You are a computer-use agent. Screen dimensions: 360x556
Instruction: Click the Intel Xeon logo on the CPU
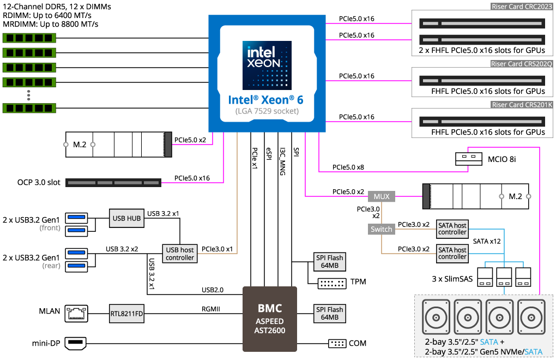(267, 65)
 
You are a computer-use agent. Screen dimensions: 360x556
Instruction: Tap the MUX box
(382, 196)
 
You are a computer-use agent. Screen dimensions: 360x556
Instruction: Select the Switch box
(382, 230)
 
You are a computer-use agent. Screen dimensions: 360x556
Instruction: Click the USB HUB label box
(126, 219)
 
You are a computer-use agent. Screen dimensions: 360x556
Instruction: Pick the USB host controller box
(180, 254)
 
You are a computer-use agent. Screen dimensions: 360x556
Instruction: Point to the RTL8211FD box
(126, 314)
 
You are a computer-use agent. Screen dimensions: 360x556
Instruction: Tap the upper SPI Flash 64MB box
(330, 262)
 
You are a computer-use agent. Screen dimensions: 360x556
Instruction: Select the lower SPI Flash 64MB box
(330, 314)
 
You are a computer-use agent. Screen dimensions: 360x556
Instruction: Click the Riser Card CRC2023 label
(522, 7)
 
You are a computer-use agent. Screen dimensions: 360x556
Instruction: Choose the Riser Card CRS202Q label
(522, 64)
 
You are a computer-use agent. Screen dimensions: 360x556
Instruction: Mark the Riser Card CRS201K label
(522, 105)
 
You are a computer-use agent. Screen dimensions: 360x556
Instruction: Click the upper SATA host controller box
(452, 229)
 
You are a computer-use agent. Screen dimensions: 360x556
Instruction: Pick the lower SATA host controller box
(452, 253)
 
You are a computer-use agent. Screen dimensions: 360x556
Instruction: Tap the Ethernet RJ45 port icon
(76, 313)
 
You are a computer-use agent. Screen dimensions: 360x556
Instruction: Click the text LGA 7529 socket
(267, 111)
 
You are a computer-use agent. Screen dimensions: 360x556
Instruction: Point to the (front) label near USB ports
(50, 228)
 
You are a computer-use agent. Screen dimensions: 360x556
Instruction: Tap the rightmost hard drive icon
(531, 317)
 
